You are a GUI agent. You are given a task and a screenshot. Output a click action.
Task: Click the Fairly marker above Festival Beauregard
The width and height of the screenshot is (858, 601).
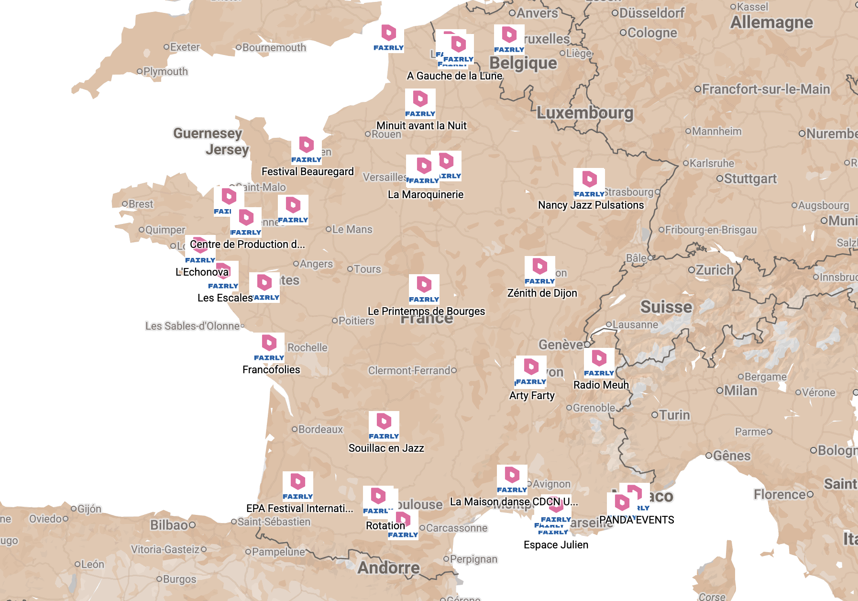tap(307, 150)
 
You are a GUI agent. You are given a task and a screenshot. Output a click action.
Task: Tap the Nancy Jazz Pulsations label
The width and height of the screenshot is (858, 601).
tap(591, 205)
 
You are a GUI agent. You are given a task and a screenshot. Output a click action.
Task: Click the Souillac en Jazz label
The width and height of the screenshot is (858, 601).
tap(386, 448)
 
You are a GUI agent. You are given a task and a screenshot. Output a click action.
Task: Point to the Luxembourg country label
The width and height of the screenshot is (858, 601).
tap(584, 113)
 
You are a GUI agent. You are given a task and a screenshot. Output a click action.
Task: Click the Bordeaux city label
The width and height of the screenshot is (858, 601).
tap(320, 430)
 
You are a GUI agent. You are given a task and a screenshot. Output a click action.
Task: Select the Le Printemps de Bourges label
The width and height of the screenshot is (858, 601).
tap(426, 312)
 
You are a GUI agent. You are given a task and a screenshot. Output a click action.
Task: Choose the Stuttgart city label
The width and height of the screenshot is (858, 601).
tap(750, 179)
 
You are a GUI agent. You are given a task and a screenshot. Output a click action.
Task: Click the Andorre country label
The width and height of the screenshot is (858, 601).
tap(388, 568)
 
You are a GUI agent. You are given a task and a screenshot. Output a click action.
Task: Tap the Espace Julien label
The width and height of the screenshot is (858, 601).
tap(556, 545)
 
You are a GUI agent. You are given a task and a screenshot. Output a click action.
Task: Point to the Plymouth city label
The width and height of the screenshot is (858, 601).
tap(165, 72)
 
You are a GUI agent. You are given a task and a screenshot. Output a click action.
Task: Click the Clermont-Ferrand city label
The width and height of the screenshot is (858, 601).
tap(409, 371)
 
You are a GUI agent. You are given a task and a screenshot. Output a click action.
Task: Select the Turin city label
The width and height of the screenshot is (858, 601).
tap(674, 415)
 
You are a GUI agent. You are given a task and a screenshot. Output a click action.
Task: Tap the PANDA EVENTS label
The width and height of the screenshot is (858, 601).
tap(637, 520)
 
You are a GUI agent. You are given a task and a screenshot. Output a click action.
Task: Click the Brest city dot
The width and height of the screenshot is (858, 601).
tap(125, 204)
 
